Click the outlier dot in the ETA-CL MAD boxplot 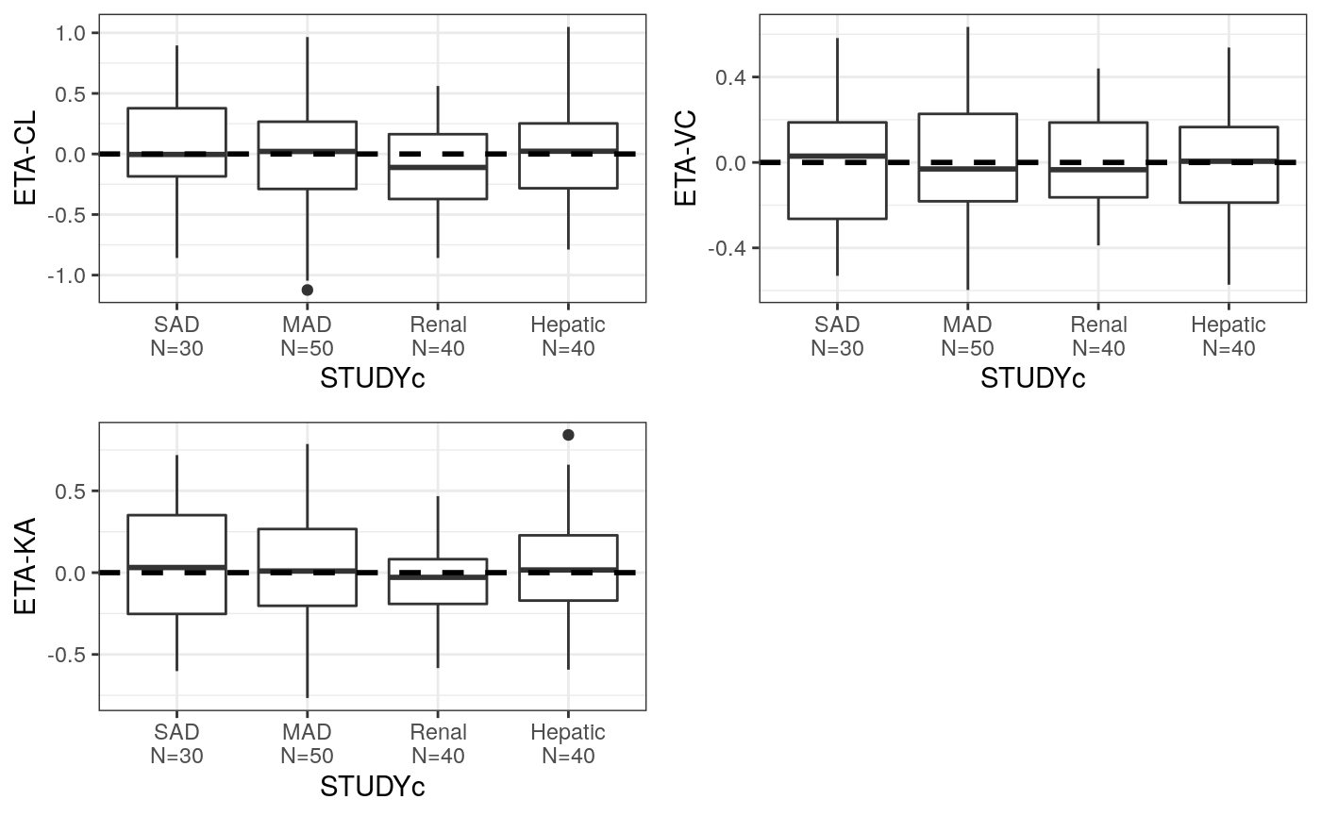(x=307, y=290)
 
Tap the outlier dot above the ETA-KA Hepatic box (x=568, y=435)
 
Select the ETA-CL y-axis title (x=25, y=158)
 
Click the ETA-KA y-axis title (x=25, y=566)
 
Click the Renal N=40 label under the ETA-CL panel (x=438, y=336)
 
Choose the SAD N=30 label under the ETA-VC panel (x=837, y=336)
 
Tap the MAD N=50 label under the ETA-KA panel (x=307, y=743)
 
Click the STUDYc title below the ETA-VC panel (x=1032, y=379)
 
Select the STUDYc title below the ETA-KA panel (x=372, y=787)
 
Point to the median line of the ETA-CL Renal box (x=438, y=167)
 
